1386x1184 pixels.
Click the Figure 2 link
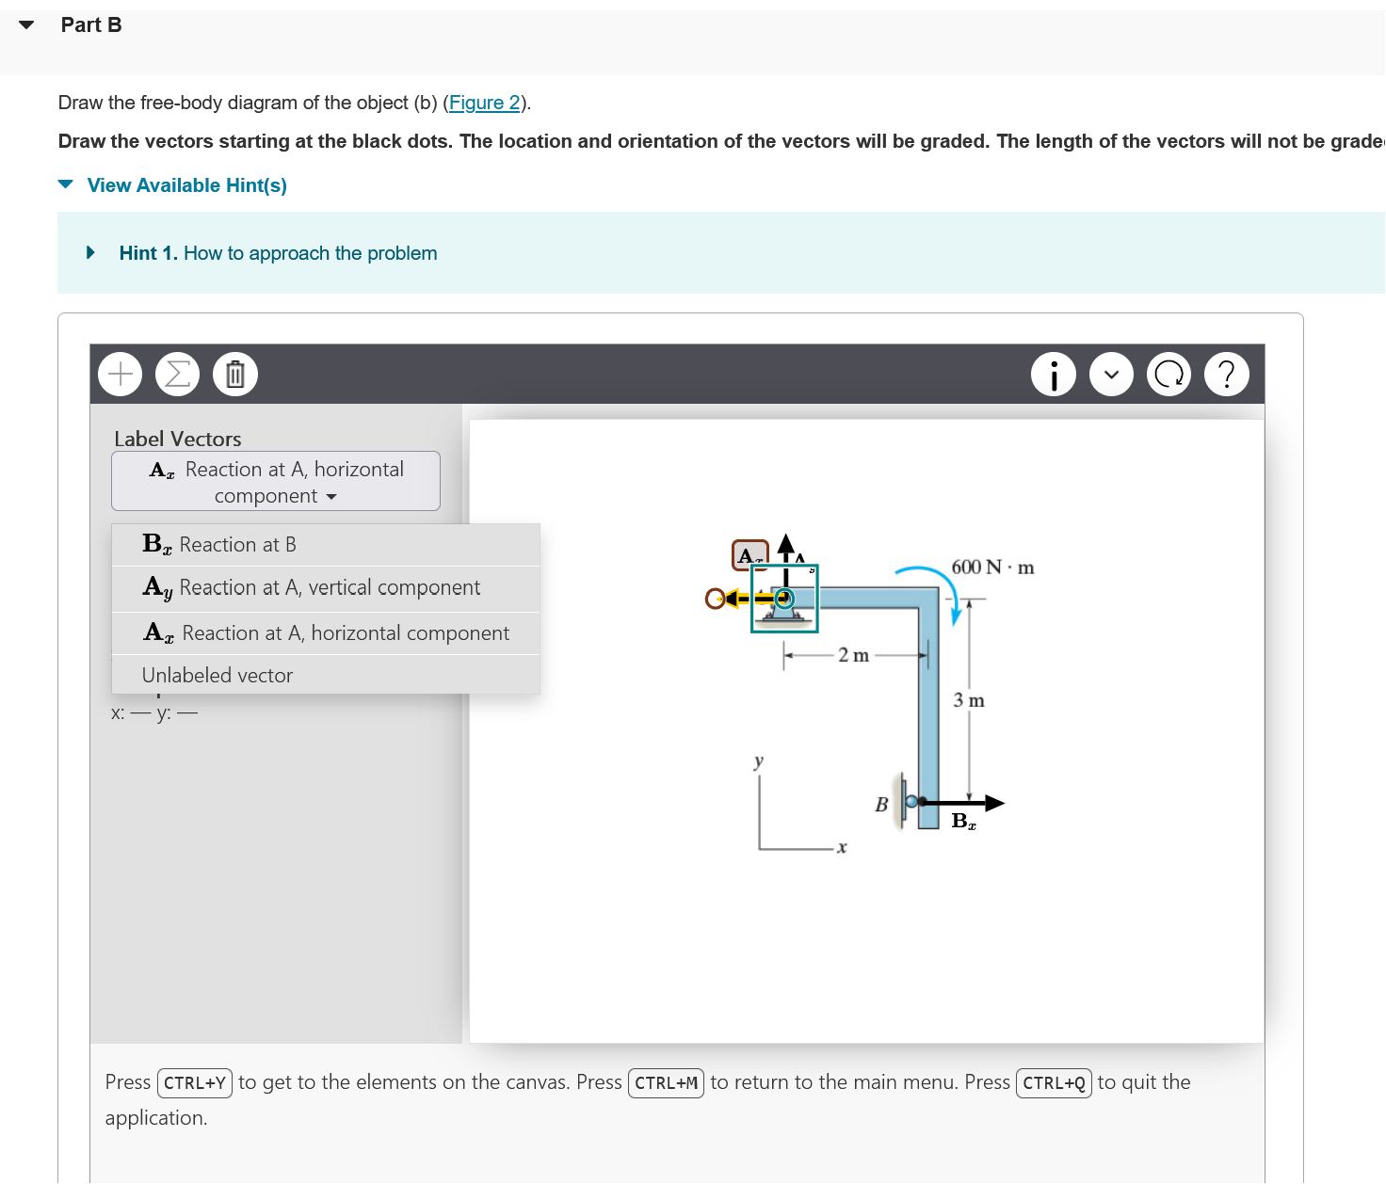[x=484, y=103]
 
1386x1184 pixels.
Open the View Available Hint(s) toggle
[x=185, y=185]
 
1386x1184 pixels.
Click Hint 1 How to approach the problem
[x=278, y=253]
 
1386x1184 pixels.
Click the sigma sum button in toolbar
[x=177, y=375]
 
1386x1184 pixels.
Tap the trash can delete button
[x=235, y=375]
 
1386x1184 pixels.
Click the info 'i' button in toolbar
[x=1054, y=375]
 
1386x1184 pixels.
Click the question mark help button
[x=1226, y=375]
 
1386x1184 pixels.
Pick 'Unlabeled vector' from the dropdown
[x=218, y=676]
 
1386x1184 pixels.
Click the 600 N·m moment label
[x=992, y=568]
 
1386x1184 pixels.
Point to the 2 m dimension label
[x=853, y=655]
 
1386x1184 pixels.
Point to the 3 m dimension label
[x=969, y=700]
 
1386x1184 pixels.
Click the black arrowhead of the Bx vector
[x=994, y=803]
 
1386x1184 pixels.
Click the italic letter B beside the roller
[x=881, y=805]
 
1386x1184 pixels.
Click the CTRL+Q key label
[x=1054, y=1083]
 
